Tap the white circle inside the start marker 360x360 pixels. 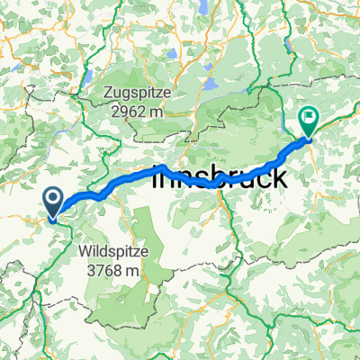tap(53, 198)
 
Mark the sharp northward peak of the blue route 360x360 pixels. tap(161, 167)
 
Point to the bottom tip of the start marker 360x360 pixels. tap(53, 217)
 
